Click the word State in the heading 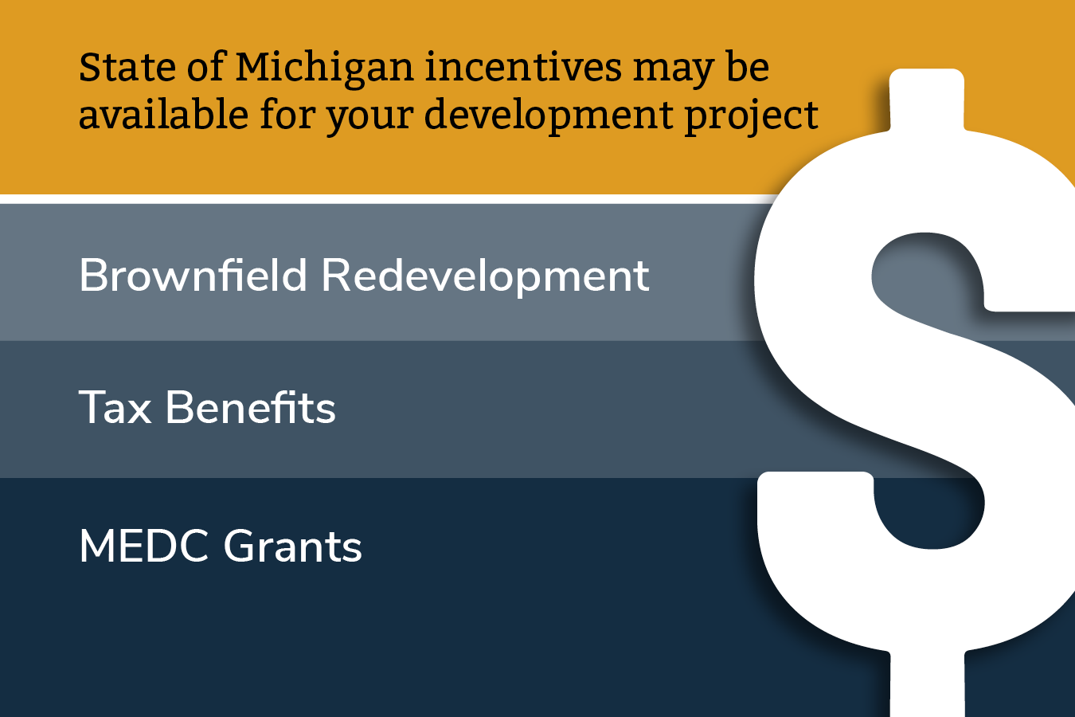point(127,67)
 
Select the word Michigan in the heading point(324,70)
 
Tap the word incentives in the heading point(523,67)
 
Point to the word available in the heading point(164,113)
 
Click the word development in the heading point(549,117)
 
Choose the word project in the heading point(752,117)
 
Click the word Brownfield point(193,274)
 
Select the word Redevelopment point(485,276)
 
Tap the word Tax point(115,407)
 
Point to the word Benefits point(251,407)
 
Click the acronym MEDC point(144,546)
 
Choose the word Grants point(293,546)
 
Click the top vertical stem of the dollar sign point(927,100)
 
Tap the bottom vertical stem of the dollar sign point(927,684)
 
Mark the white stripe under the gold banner point(384,199)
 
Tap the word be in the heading point(748,67)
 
